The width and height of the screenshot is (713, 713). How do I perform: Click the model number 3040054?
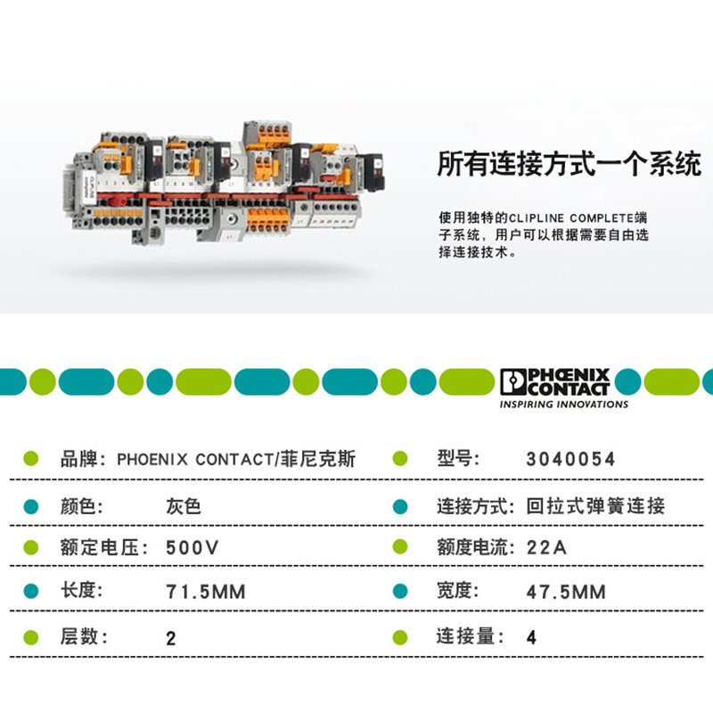[570, 460]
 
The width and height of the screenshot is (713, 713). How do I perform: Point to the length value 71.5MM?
[206, 592]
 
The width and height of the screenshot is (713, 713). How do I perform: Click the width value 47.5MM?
[565, 592]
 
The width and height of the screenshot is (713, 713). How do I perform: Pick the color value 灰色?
[184, 506]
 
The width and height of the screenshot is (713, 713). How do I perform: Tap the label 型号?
[454, 460]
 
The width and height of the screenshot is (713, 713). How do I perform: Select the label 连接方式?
[470, 506]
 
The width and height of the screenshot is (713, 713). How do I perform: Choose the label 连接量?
[463, 636]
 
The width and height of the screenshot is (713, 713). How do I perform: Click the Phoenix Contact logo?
[554, 381]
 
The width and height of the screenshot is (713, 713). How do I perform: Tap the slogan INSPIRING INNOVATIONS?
[563, 404]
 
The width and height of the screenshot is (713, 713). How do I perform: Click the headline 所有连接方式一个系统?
[569, 165]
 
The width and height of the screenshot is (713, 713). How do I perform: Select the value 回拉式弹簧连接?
[594, 506]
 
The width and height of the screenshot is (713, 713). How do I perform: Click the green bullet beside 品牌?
[30, 460]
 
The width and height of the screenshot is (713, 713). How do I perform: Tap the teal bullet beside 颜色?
[30, 506]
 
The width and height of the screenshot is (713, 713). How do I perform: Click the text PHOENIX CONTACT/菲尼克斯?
[236, 460]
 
